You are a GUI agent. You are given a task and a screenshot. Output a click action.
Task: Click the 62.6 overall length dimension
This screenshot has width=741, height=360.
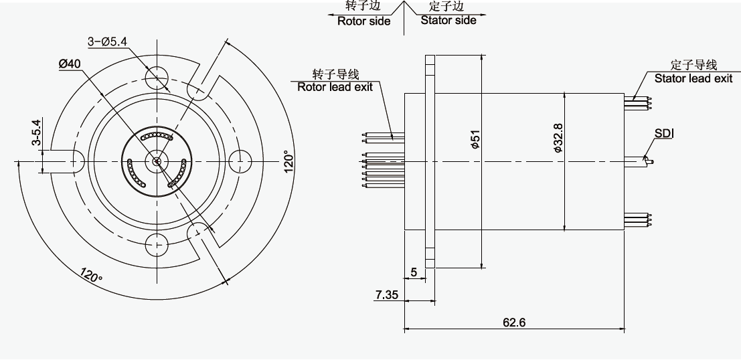coord(514,322)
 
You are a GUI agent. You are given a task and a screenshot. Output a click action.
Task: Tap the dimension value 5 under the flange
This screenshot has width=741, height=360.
coord(414,272)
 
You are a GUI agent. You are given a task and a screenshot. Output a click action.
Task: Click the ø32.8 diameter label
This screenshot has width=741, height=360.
coord(557,139)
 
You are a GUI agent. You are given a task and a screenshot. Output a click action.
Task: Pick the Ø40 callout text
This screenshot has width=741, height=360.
coord(70,63)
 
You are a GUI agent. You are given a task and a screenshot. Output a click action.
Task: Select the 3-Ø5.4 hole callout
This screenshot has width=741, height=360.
coord(108,41)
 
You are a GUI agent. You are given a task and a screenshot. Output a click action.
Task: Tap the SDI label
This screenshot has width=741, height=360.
coord(664,134)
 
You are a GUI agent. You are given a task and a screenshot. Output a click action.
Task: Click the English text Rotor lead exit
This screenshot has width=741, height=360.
coord(337,86)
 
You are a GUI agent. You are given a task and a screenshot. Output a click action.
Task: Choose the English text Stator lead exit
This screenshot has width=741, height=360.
coord(693,78)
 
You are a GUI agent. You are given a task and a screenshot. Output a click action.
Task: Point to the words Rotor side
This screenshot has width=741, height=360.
coord(363,21)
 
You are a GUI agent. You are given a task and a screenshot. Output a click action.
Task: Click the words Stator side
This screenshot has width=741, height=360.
coord(448,20)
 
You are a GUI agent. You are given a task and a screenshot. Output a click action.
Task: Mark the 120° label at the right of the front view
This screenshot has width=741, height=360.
coord(288,161)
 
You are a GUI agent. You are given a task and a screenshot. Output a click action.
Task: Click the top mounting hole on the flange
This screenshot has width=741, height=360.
coord(158,76)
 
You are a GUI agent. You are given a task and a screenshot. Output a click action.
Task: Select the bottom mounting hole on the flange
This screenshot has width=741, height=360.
coord(158,244)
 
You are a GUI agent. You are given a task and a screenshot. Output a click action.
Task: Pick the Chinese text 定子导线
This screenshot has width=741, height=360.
coord(693,65)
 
